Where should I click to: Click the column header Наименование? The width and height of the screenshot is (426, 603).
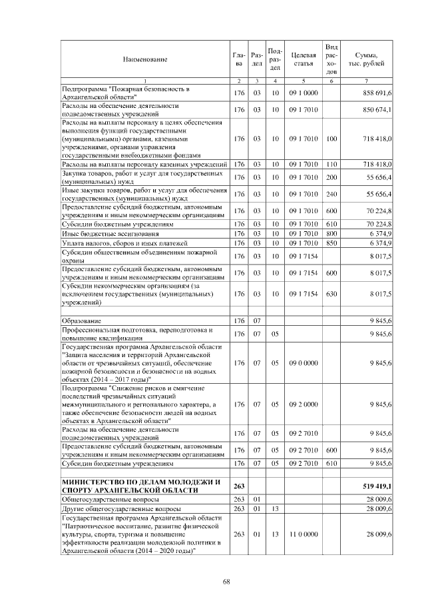pyautogui.click(x=144, y=59)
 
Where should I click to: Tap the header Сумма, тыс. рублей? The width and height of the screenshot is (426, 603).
pyautogui.click(x=367, y=59)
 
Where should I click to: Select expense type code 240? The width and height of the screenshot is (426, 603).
pyautogui.click(x=331, y=193)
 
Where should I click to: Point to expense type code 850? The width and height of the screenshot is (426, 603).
pyautogui.click(x=331, y=243)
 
